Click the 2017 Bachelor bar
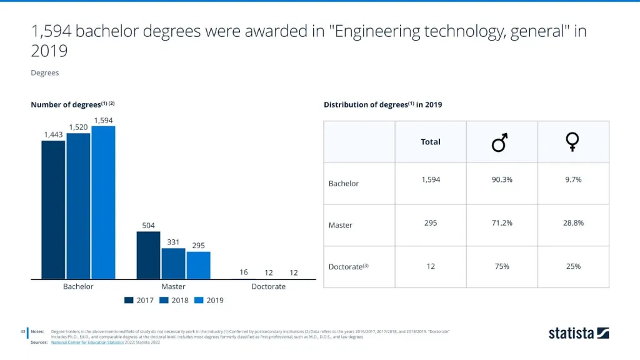click(53, 209)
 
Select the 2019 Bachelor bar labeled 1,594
click(103, 202)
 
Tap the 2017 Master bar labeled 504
click(148, 255)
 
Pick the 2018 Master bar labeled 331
click(173, 263)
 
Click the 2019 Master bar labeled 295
click(198, 265)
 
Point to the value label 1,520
click(78, 127)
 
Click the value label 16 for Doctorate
click(244, 272)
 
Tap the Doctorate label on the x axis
click(268, 286)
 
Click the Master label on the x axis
click(173, 286)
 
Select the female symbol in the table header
click(572, 142)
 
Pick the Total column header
click(431, 142)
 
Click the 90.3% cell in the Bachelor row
click(502, 179)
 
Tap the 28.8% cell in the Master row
click(573, 222)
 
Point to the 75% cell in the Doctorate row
click(502, 266)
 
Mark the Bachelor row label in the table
click(344, 184)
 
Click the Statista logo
click(579, 333)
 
